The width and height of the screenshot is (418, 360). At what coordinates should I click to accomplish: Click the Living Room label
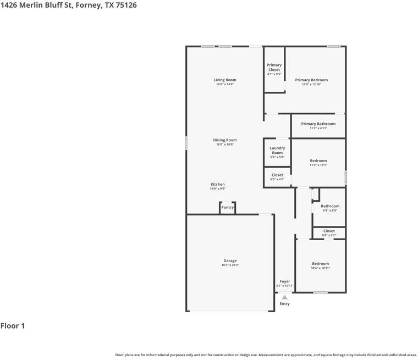(x=225, y=80)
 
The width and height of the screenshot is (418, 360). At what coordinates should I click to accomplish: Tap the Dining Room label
(x=225, y=140)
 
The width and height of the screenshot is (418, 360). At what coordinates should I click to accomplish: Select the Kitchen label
(x=218, y=184)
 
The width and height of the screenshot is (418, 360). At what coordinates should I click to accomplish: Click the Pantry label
(x=228, y=207)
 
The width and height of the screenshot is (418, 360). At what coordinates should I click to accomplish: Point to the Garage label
(x=230, y=261)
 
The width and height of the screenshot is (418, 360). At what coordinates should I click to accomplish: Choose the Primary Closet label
(x=274, y=68)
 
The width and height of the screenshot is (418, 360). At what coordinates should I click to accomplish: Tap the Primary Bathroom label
(x=318, y=124)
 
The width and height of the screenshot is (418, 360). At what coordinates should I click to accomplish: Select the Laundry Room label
(x=277, y=150)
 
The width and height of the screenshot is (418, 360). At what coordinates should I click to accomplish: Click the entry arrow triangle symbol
(x=284, y=297)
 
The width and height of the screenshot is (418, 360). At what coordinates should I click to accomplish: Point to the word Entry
(x=284, y=304)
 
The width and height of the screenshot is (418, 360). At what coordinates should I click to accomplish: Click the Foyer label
(x=284, y=281)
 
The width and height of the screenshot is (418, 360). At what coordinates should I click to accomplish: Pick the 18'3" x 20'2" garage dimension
(x=230, y=265)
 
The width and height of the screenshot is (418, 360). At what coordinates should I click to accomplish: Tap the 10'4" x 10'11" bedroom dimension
(x=321, y=268)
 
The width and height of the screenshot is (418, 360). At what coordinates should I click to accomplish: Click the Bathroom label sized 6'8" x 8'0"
(x=330, y=206)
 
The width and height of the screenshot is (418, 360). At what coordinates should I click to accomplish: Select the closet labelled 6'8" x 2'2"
(x=329, y=231)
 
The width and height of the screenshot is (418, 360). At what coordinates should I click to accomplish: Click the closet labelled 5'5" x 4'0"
(x=277, y=175)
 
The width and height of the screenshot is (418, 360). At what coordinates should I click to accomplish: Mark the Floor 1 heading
(x=13, y=326)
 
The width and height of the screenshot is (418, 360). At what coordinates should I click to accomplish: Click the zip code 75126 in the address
(x=125, y=5)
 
